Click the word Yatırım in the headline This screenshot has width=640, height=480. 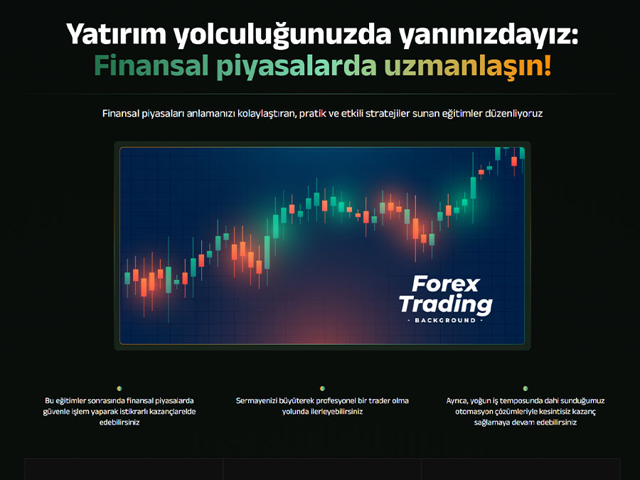[x=117, y=34]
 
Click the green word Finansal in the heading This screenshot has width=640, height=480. [x=151, y=66]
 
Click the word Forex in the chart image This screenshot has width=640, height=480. [x=446, y=284]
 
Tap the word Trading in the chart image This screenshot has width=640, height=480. [x=446, y=304]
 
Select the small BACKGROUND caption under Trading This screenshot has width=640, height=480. [x=445, y=321]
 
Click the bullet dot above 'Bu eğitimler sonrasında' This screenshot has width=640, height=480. [x=119, y=388]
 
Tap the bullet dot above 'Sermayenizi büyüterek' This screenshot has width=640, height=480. [x=322, y=388]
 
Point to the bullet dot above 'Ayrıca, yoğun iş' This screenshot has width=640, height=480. [x=526, y=388]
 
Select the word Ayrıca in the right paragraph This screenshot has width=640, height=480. [x=457, y=401]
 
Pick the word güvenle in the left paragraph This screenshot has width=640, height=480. [x=56, y=412]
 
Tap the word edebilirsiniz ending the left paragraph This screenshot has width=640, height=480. [x=119, y=422]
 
